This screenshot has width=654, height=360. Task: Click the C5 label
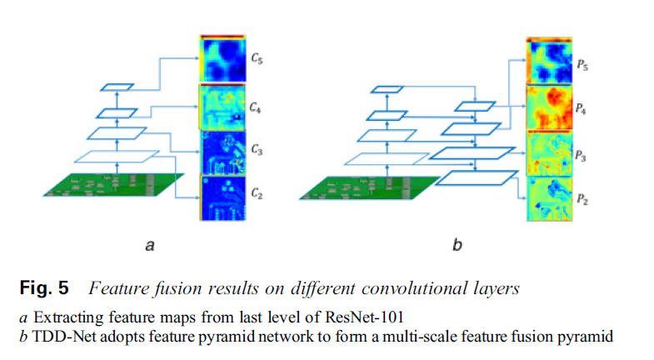point(257,60)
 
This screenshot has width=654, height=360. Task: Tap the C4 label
point(257,107)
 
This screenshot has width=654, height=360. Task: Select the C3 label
point(257,152)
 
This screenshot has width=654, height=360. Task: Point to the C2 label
point(257,197)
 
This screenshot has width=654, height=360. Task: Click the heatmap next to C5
point(222,60)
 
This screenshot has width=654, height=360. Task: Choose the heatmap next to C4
point(222,107)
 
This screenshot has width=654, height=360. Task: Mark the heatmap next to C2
point(222,197)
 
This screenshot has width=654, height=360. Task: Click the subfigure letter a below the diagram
point(149,245)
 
